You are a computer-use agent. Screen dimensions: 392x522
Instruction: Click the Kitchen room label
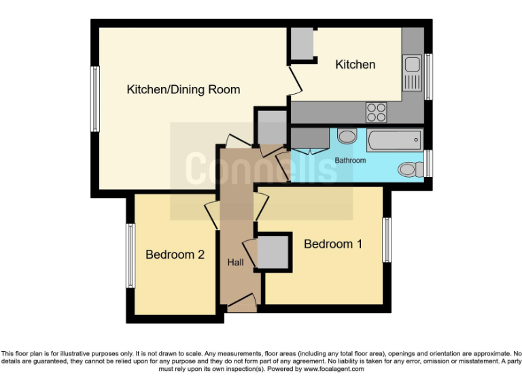pos(355,65)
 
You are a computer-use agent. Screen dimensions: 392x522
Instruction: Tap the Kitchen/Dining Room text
pos(184,90)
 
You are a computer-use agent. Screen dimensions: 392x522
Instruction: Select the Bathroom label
pos(350,161)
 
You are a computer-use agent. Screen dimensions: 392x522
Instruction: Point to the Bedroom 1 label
pos(332,244)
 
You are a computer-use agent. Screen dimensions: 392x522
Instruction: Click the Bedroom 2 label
pos(175,255)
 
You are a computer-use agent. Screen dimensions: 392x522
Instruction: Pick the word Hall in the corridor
pos(235,262)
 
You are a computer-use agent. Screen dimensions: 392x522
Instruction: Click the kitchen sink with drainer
pos(412,73)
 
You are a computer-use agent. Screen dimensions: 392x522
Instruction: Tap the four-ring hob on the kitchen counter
pos(376,111)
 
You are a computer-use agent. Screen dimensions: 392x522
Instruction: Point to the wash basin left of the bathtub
pos(347,137)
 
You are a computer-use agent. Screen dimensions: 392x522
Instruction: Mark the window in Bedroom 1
pos(387,240)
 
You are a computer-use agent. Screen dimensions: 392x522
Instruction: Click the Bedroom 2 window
pos(129,256)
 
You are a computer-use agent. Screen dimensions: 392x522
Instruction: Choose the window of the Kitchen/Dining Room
pos(95,99)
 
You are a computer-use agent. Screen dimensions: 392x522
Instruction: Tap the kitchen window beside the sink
pos(428,76)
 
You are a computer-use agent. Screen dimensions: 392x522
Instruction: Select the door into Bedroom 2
pos(211,215)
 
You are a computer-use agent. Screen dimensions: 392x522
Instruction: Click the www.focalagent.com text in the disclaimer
pos(333,369)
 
